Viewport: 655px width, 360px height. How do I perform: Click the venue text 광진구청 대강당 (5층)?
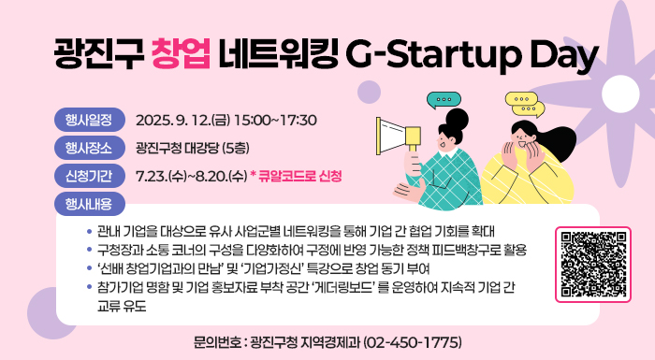pos(192,148)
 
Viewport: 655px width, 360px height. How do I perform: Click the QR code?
pos(593,264)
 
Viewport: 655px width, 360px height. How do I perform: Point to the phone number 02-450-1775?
pos(412,340)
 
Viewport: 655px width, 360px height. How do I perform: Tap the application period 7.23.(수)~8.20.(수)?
pos(191,176)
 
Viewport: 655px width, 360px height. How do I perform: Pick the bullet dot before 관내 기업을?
pos(88,231)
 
